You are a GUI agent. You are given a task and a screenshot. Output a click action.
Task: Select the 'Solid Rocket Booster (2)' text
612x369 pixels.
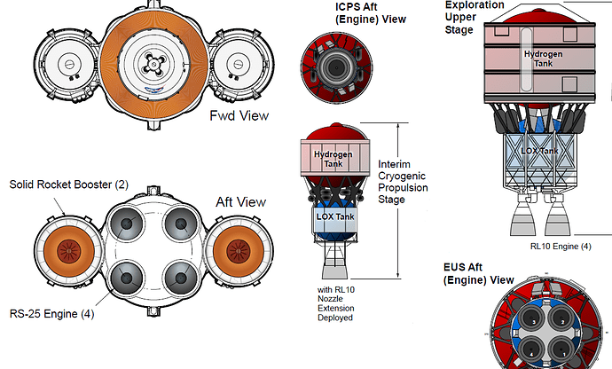pos(68,185)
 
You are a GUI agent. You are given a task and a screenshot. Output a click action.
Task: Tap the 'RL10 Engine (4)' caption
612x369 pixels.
pos(561,246)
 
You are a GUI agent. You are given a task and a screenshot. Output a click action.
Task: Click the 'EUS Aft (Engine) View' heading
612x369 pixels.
pos(478,273)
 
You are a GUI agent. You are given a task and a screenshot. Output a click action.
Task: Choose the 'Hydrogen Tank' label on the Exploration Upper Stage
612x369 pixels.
pos(543,59)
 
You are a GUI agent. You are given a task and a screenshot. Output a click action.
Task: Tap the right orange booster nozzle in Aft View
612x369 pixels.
pos(239,249)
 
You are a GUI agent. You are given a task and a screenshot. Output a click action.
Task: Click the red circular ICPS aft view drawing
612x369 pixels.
pos(332,67)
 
